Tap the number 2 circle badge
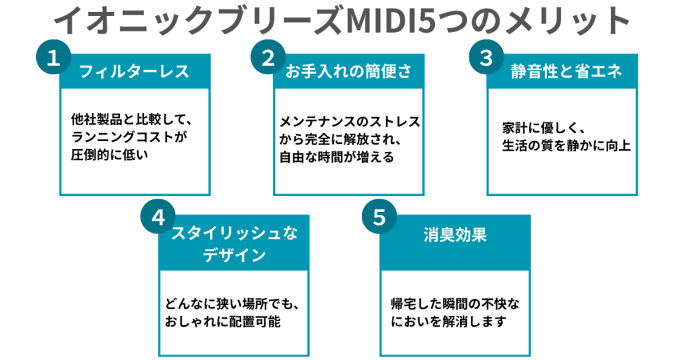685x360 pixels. coord(268,58)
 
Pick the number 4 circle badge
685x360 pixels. coord(158,219)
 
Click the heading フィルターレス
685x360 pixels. coord(134,72)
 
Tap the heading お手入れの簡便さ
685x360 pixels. coord(349,72)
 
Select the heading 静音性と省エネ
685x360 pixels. coord(562,72)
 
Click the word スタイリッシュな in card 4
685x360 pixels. coord(233,234)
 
